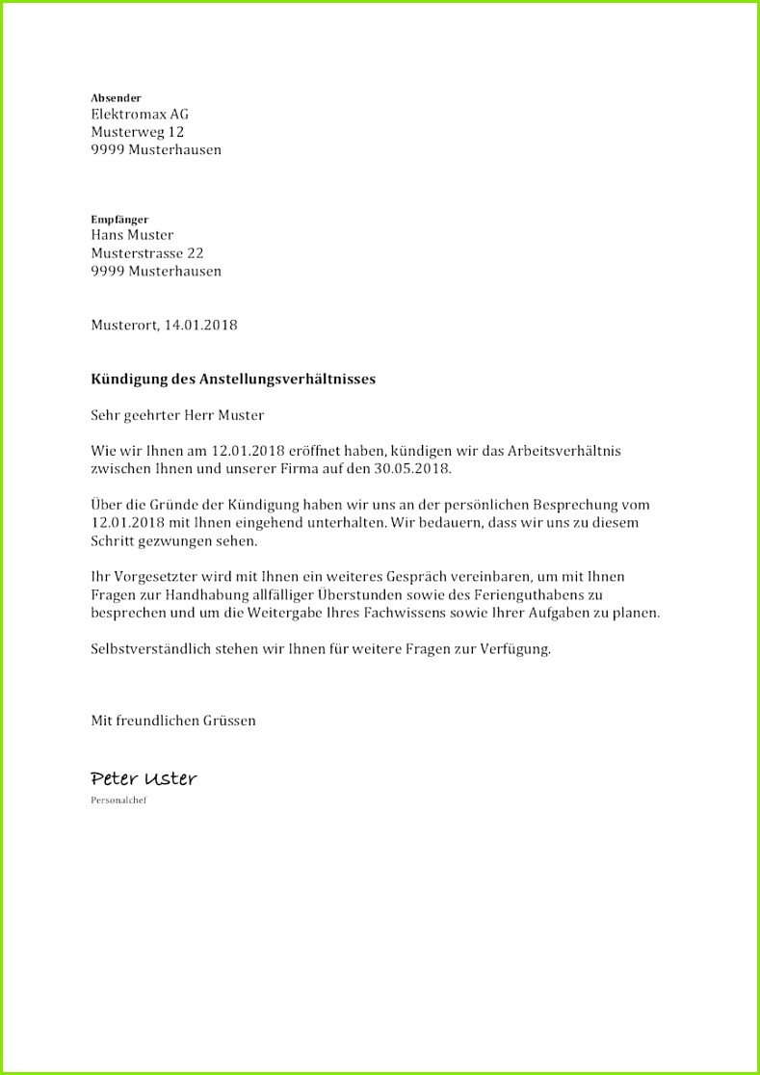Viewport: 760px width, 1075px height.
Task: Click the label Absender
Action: click(116, 98)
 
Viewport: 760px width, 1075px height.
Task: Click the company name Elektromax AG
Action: click(140, 114)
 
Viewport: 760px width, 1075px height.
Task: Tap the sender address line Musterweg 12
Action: click(137, 132)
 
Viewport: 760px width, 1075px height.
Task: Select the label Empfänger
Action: click(119, 220)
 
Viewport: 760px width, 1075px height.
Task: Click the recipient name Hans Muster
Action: click(132, 235)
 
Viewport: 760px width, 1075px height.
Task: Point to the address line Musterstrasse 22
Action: click(146, 253)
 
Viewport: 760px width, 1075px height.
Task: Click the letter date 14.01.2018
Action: click(200, 326)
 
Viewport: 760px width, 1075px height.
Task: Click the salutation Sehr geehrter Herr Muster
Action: click(177, 415)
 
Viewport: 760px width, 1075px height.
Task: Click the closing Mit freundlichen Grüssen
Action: click(173, 721)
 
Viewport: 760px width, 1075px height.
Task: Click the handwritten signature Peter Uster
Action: click(144, 778)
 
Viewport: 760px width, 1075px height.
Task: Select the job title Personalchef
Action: click(118, 800)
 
